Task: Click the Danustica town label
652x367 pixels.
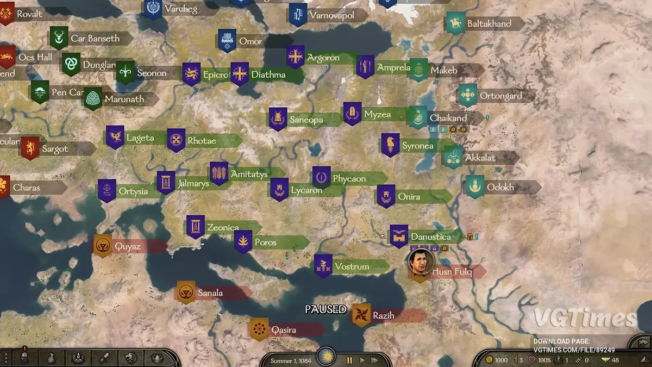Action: click(x=430, y=237)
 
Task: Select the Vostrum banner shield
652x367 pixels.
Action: click(x=323, y=266)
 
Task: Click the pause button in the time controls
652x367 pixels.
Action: click(x=349, y=360)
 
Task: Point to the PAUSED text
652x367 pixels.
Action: click(x=325, y=309)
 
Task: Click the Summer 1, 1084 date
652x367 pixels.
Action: click(x=291, y=360)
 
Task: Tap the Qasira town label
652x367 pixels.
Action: click(x=284, y=330)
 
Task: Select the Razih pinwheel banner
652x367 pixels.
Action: click(x=361, y=315)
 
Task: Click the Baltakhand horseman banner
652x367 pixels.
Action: click(x=455, y=23)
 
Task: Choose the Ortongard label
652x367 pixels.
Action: click(x=500, y=96)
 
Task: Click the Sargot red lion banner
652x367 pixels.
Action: click(x=30, y=147)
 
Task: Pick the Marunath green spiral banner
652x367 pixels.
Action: click(x=93, y=98)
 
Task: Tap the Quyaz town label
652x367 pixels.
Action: click(x=127, y=247)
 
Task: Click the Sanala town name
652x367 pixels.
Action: click(x=210, y=293)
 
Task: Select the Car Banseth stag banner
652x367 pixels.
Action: click(x=59, y=38)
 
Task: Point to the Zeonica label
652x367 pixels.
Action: click(x=223, y=228)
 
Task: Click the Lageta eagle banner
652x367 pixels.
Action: click(x=115, y=137)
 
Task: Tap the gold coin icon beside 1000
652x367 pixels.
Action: click(x=489, y=360)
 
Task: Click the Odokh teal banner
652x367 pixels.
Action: click(x=475, y=186)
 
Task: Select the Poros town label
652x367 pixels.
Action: click(x=265, y=242)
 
